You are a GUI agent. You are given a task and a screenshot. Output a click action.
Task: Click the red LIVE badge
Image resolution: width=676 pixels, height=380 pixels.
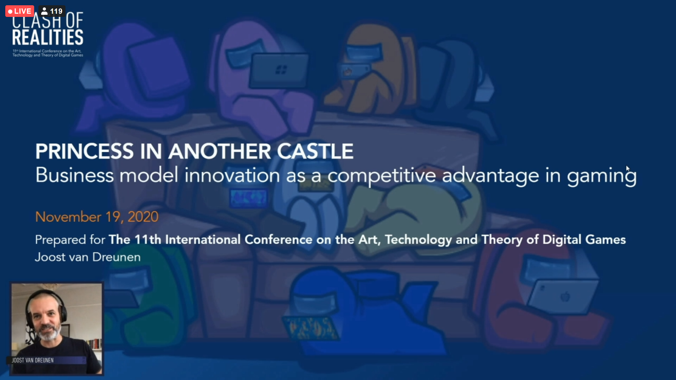coord(20,11)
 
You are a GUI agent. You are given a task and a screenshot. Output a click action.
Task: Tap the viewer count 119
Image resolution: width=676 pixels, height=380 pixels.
coord(56,11)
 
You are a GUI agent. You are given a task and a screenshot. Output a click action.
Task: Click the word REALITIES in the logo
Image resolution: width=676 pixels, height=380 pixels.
coord(48,37)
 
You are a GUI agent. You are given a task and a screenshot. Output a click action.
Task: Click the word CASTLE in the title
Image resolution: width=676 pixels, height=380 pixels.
coord(315,151)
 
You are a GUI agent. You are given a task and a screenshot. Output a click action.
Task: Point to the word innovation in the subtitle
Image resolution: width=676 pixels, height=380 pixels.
coord(232,175)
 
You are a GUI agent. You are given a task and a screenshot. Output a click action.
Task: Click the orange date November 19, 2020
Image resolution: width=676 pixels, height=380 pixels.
coord(97,217)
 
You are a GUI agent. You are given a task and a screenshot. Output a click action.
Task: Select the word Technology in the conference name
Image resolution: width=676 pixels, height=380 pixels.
coord(418,240)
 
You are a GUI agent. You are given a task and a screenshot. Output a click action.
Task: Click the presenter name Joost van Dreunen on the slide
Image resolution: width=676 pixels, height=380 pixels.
coord(88,257)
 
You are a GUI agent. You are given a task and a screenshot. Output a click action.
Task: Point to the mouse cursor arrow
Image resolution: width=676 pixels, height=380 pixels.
coord(628,169)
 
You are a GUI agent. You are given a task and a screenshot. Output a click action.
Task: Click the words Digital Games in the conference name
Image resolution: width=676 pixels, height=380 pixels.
coord(584,240)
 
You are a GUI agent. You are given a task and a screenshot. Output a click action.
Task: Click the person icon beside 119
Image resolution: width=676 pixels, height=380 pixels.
coord(44,11)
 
